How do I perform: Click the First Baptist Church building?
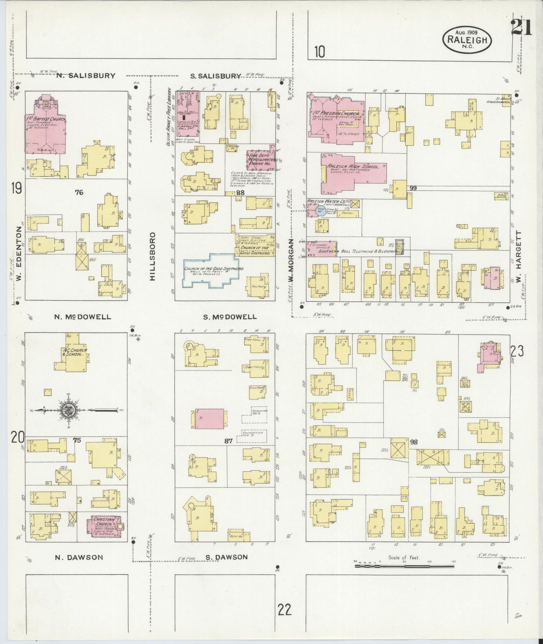(x=46, y=128)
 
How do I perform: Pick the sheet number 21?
(x=521, y=27)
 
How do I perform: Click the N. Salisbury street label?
(x=86, y=76)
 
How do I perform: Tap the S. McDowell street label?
(x=230, y=317)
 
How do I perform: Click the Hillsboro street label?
(x=152, y=256)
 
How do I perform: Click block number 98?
(x=413, y=442)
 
